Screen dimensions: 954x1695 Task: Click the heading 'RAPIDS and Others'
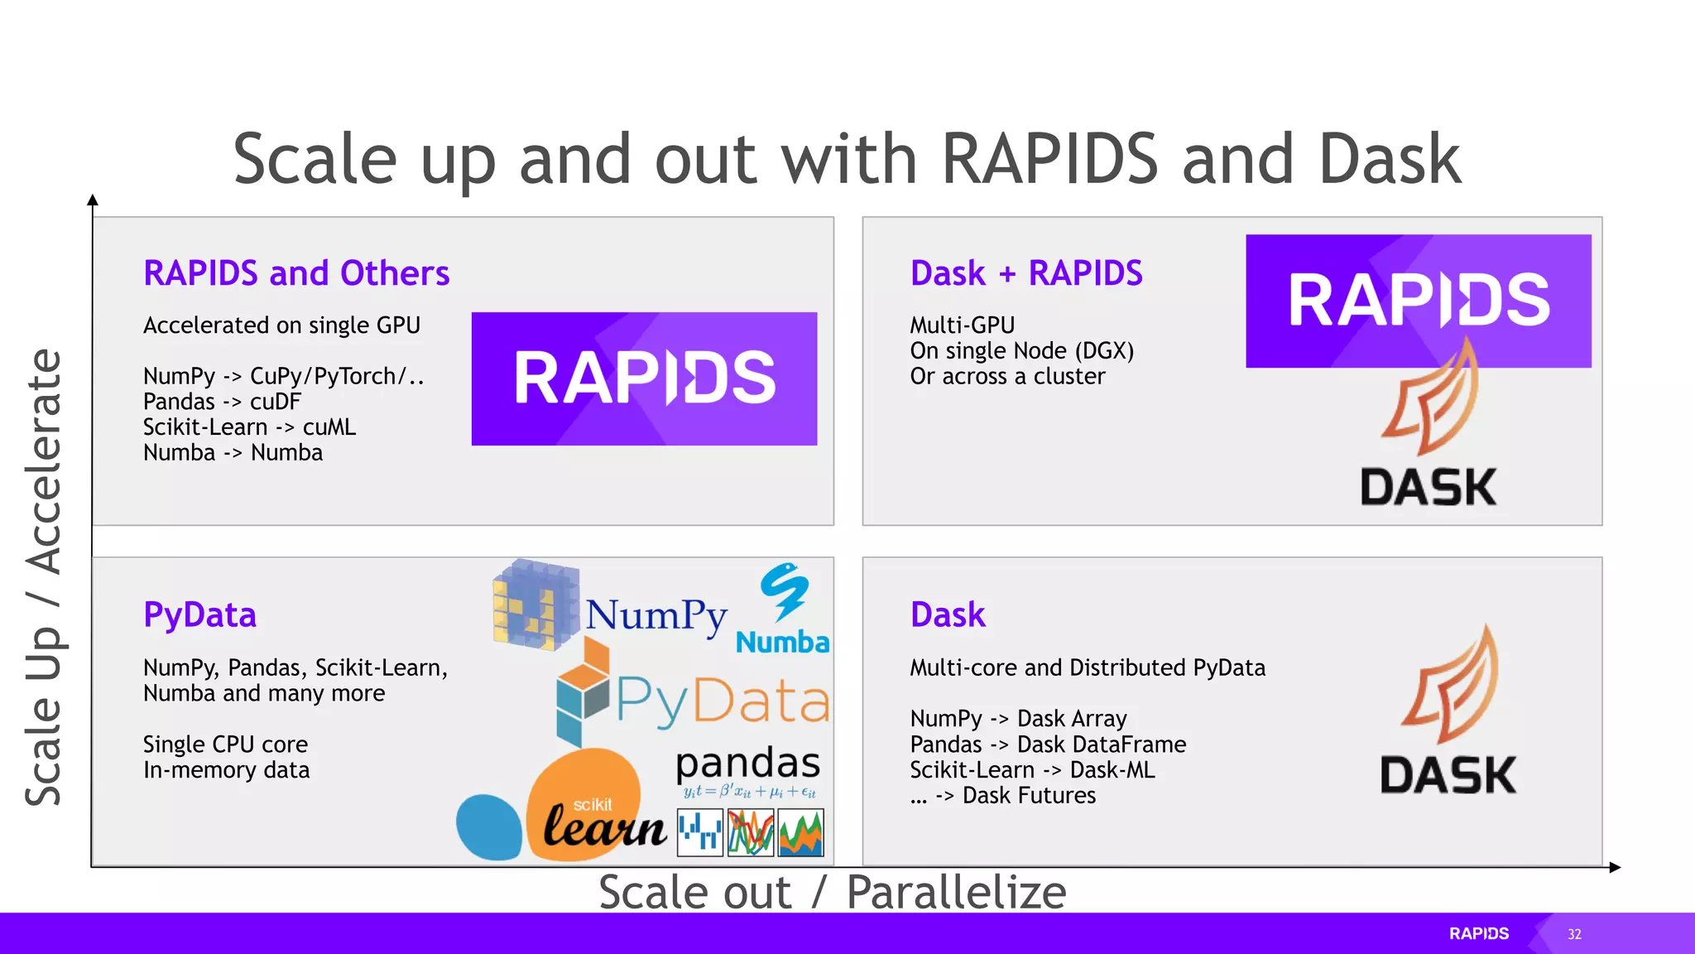[296, 273]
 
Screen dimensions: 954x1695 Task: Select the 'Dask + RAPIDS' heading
[1026, 273]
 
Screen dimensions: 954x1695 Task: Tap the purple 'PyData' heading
[199, 614]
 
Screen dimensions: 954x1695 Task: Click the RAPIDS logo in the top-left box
[644, 378]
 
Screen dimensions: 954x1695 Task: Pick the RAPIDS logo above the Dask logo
[1418, 301]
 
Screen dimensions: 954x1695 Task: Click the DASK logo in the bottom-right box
[1448, 712]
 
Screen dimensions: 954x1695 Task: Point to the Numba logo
[783, 609]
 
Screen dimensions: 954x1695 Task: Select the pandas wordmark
[747, 764]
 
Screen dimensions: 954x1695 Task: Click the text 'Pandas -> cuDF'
[222, 402]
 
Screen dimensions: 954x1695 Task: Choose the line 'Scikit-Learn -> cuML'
[249, 427]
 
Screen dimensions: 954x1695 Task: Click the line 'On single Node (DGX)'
[1021, 351]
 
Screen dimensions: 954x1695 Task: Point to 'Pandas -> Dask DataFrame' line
[1048, 744]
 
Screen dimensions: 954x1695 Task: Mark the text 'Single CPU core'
[225, 744]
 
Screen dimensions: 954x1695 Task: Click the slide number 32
[1574, 934]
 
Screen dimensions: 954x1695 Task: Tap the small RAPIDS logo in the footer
[1479, 934]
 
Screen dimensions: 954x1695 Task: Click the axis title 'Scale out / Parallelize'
[832, 892]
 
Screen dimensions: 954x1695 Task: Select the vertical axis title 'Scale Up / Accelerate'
[44, 577]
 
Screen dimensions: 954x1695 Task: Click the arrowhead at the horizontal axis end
[1615, 867]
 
